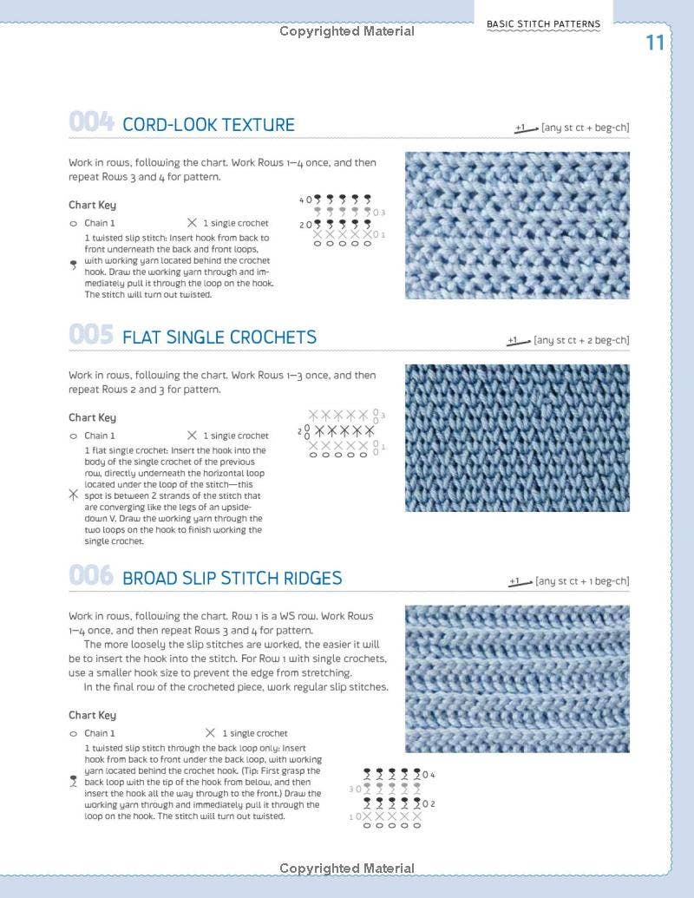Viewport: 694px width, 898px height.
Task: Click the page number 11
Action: pos(655,43)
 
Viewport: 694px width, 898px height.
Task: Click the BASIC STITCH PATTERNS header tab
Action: pos(543,24)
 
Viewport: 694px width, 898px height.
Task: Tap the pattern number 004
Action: pos(91,123)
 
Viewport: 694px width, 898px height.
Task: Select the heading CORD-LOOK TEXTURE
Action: pos(208,124)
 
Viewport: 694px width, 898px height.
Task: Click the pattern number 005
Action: pos(91,336)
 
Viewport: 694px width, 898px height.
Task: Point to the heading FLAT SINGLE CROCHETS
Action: pos(219,337)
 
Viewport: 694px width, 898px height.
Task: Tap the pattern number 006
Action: pos(91,577)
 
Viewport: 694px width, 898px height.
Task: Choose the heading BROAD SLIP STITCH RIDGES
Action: pos(232,578)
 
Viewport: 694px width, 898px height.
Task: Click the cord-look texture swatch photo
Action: pos(517,226)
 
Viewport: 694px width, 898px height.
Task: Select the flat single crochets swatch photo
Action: pos(517,438)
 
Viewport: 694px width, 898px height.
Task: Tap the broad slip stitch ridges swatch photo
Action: pos(517,678)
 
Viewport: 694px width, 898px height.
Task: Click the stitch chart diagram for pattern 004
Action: pos(342,220)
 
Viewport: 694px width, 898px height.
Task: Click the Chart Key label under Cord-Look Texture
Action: pos(92,206)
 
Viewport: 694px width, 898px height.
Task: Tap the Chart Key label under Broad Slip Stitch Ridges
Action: pos(92,716)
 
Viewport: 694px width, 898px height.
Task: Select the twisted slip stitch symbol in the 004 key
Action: pos(73,266)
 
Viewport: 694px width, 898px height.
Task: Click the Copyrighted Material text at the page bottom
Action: pos(347,869)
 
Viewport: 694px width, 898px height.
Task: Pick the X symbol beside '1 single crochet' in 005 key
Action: pos(192,436)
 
